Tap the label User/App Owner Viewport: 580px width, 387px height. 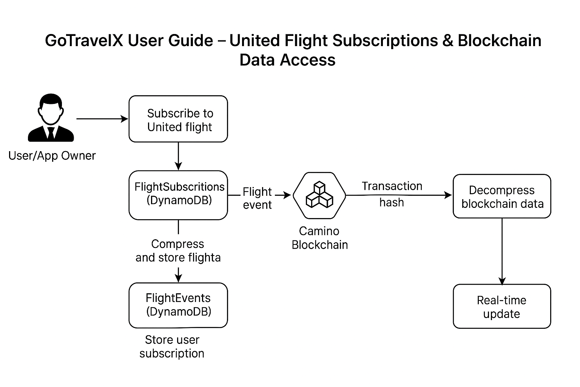pyautogui.click(x=52, y=156)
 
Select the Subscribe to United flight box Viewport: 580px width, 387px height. pyautogui.click(x=178, y=119)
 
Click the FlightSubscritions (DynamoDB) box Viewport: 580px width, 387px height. pyautogui.click(x=178, y=195)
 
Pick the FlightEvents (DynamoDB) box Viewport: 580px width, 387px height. pyautogui.click(x=178, y=305)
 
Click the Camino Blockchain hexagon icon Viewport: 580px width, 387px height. pyautogui.click(x=319, y=195)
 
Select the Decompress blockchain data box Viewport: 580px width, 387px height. pyautogui.click(x=502, y=196)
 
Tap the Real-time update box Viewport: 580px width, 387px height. pyautogui.click(x=502, y=307)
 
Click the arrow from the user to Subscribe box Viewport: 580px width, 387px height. pyautogui.click(x=102, y=119)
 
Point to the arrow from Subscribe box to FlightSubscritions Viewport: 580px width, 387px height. pyautogui.click(x=178, y=156)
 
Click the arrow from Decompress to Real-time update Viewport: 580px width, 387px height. pyautogui.click(x=502, y=251)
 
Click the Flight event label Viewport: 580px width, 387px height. pyautogui.click(x=257, y=198)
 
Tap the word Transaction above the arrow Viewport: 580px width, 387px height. pyautogui.click(x=392, y=186)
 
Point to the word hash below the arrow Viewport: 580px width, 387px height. pyautogui.click(x=392, y=203)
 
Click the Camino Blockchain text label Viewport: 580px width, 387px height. pyautogui.click(x=319, y=238)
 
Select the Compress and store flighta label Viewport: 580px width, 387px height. pyautogui.click(x=178, y=251)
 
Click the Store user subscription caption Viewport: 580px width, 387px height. pyautogui.click(x=172, y=347)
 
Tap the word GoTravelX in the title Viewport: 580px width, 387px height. pyautogui.click(x=84, y=40)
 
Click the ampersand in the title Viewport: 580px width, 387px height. pyautogui.click(x=447, y=40)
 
